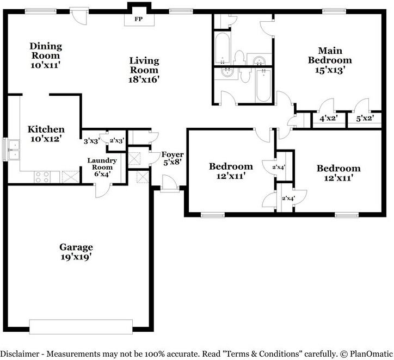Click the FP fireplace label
pos(138,19)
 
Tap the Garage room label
pos(76,247)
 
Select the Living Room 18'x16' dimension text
pos(144,79)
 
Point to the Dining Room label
pos(46,51)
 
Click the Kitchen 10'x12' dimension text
pos(46,139)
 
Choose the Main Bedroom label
pos(330,55)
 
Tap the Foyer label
pos(173,154)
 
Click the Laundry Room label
pos(102,164)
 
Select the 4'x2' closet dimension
pos(328,118)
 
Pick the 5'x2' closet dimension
pos(365,118)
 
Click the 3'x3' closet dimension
pos(92,141)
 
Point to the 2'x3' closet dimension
pos(117,141)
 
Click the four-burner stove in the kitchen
pos(42,177)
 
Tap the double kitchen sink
pos(14,150)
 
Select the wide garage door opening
pos(81,327)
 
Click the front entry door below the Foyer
pos(170,184)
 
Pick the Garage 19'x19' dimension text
pos(76,257)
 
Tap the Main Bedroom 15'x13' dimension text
pos(329,70)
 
